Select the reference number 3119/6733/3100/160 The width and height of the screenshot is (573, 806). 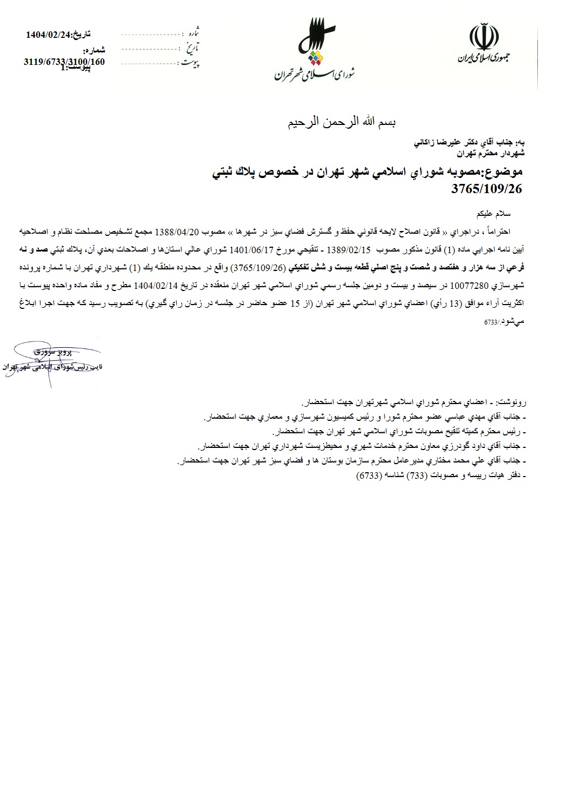64,61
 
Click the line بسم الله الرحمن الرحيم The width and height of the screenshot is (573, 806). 342,122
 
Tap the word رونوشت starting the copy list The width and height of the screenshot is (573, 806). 514,402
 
